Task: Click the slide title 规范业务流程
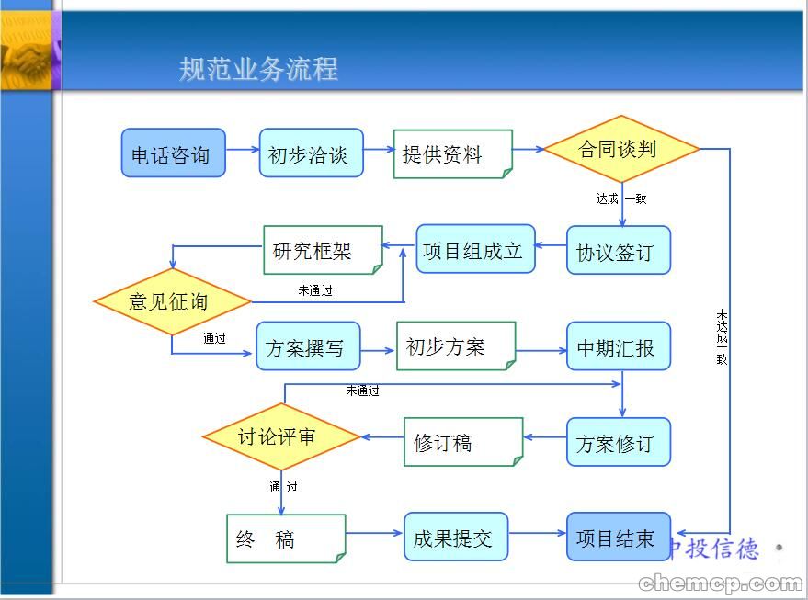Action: (258, 69)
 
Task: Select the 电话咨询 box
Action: (173, 153)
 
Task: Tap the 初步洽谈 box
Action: (311, 153)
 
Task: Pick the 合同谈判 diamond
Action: (620, 149)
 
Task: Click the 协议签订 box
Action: (618, 251)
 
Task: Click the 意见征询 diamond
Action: (172, 301)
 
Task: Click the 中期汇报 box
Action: (618, 347)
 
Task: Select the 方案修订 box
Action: (618, 443)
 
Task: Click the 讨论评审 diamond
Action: (280, 436)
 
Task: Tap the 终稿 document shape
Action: (285, 538)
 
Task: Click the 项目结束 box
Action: (618, 538)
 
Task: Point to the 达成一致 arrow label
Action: (620, 198)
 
